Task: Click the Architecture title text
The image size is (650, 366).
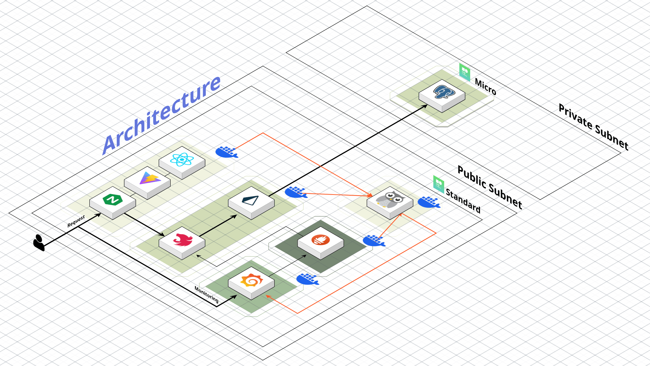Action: [x=161, y=115]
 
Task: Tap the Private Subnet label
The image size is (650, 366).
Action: [x=593, y=127]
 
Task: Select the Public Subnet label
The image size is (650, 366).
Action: [x=490, y=187]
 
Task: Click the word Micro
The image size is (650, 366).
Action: [x=485, y=86]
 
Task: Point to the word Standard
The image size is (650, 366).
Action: [x=463, y=201]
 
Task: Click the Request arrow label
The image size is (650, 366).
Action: [x=76, y=221]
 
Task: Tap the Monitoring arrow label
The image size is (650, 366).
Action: [x=207, y=294]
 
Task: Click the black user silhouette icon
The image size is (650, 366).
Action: [x=39, y=243]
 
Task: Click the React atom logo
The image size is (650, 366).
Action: [x=182, y=159]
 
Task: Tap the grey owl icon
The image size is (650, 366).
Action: [x=390, y=199]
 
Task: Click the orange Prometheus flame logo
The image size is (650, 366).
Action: [x=321, y=240]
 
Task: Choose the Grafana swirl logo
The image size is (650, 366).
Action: [x=251, y=280]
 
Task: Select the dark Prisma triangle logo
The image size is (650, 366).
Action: [x=251, y=200]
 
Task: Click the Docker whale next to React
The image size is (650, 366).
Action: [x=226, y=152]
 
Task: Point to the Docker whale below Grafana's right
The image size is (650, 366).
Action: [x=307, y=279]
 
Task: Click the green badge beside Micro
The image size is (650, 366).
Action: [x=465, y=72]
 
